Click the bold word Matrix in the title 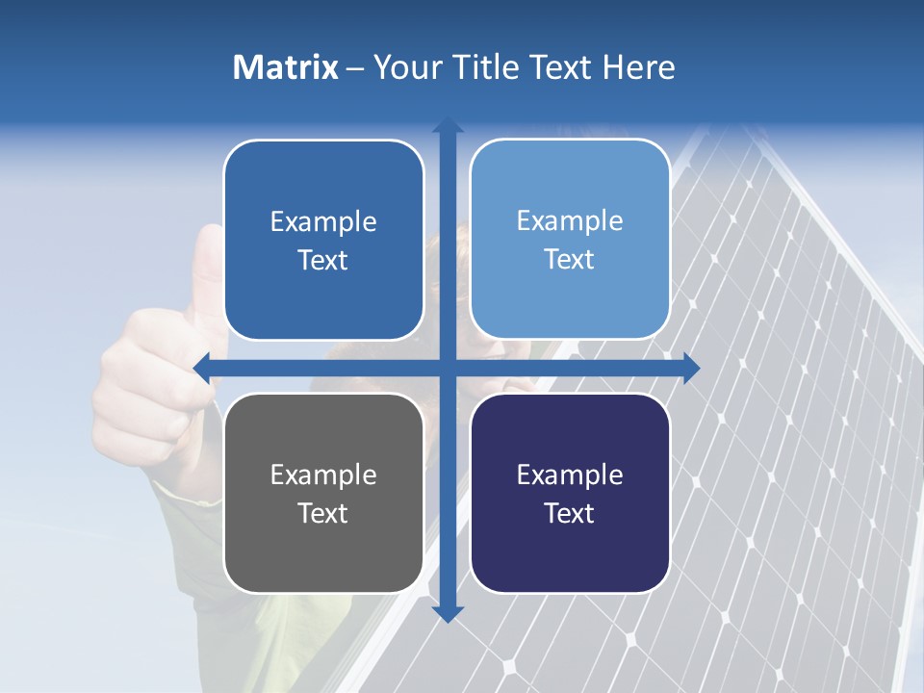tap(286, 67)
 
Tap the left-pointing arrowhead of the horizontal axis tap(202, 368)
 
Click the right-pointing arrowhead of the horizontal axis tap(691, 368)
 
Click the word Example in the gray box tap(323, 475)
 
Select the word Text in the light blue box tap(570, 260)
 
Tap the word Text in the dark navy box tap(570, 513)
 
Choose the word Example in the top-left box tap(323, 222)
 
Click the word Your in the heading tap(401, 67)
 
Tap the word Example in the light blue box tap(570, 221)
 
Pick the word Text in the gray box tap(323, 513)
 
